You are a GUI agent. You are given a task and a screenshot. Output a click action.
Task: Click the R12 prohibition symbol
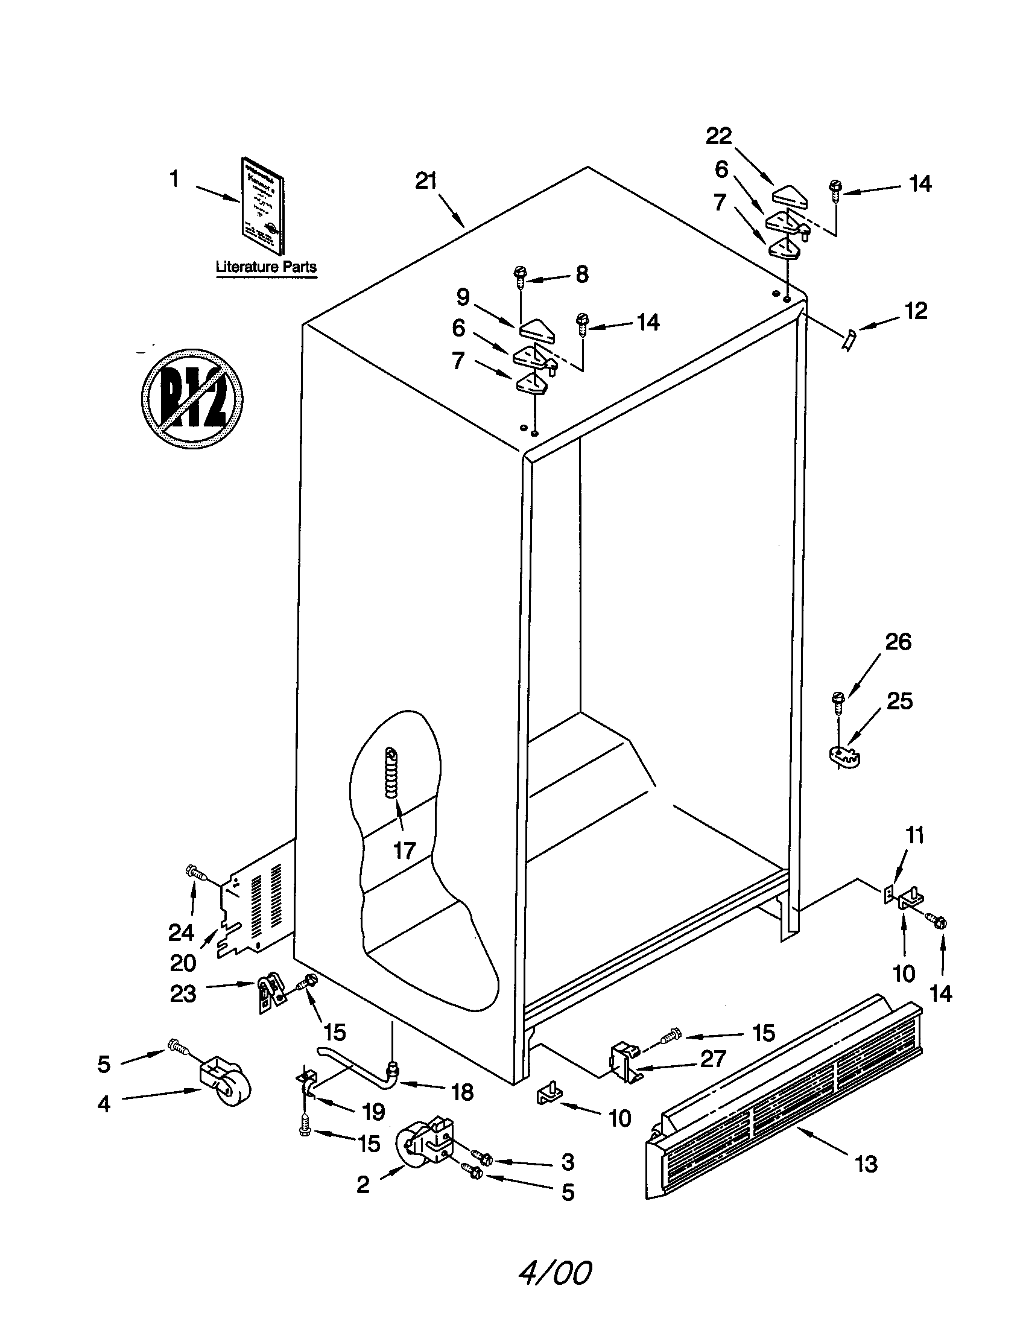point(192,399)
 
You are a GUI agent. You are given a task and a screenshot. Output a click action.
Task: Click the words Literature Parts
point(266,267)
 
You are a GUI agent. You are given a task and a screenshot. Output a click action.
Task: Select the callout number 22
point(718,136)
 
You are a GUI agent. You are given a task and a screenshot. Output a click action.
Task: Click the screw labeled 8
point(521,277)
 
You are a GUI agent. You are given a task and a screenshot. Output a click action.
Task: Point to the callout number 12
point(916,311)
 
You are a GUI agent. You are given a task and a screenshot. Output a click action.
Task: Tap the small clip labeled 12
point(847,340)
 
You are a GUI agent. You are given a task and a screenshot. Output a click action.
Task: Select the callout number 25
point(899,701)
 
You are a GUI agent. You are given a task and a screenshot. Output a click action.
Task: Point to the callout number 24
point(181,932)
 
